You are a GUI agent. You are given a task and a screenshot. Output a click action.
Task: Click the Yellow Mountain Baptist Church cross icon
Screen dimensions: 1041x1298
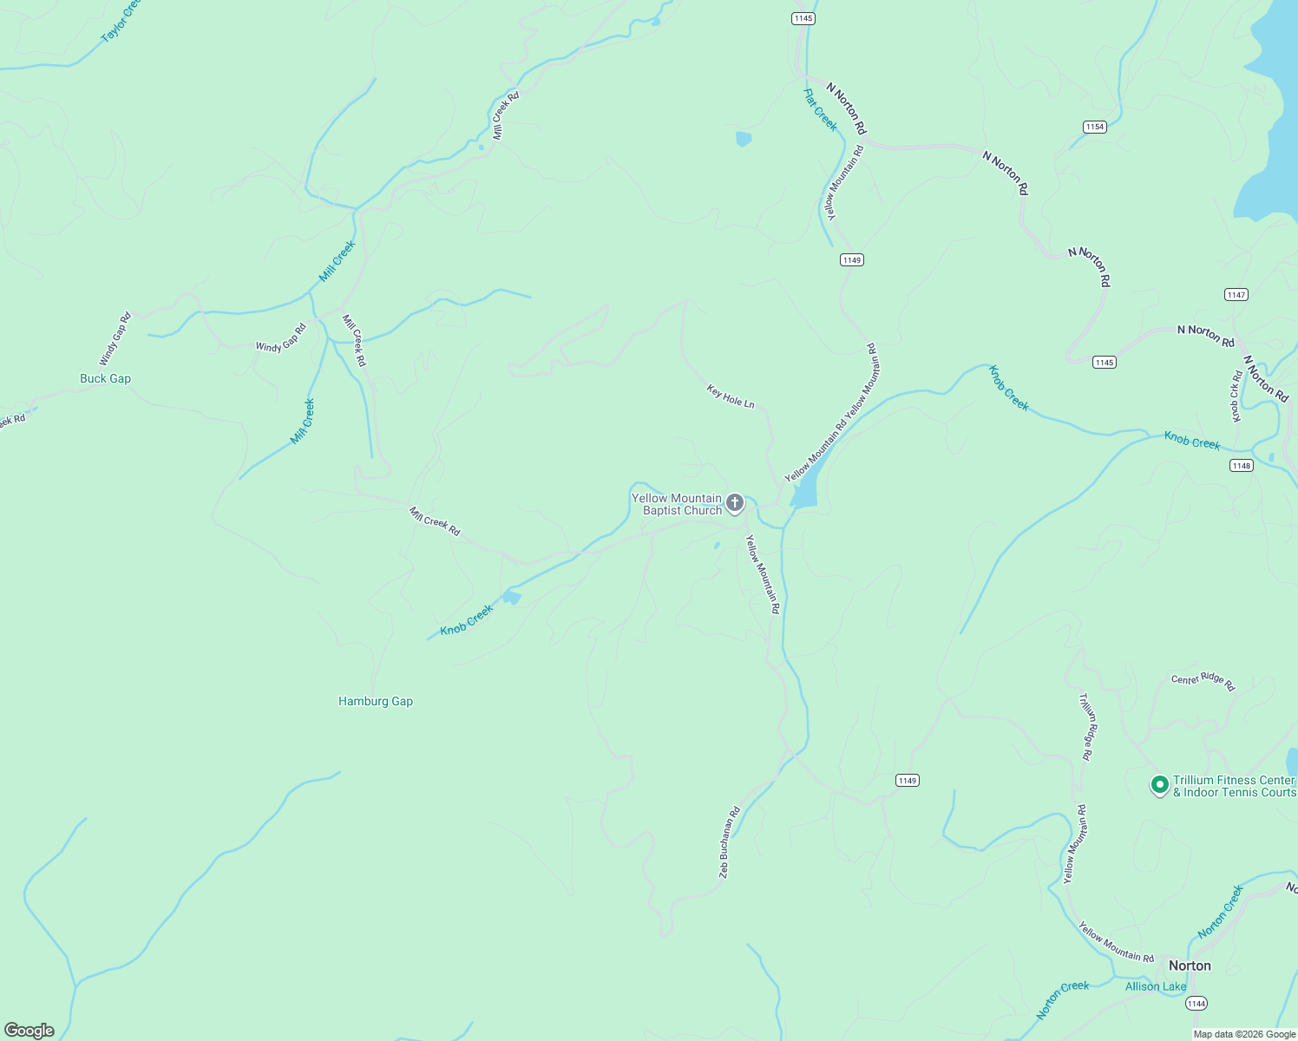pos(735,503)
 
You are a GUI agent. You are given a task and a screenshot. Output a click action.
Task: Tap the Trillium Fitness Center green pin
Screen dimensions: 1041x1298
pos(1158,785)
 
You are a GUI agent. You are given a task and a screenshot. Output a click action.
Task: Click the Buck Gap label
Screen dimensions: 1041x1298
pos(105,378)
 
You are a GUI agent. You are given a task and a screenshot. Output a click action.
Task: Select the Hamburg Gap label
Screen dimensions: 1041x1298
pos(376,701)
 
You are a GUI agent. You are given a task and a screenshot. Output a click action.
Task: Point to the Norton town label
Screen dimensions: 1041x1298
pos(1190,966)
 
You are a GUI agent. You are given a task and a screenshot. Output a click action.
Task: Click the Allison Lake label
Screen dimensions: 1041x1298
pos(1155,986)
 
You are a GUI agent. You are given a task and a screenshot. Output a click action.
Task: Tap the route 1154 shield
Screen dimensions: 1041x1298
pos(1095,127)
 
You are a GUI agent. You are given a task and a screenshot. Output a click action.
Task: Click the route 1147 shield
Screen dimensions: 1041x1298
pos(1236,295)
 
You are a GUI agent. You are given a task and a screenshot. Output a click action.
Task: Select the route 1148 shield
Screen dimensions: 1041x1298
pos(1242,466)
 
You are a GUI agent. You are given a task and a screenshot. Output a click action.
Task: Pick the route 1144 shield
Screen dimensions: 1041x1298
pos(1196,1004)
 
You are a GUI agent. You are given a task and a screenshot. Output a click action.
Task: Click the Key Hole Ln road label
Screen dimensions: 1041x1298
pos(731,397)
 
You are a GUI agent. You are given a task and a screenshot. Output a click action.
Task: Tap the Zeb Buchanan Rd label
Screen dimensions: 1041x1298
pos(729,842)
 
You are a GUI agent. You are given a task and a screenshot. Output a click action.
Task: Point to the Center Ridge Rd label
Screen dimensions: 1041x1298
pos(1203,681)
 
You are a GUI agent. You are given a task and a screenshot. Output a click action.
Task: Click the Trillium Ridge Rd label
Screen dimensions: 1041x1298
pos(1085,726)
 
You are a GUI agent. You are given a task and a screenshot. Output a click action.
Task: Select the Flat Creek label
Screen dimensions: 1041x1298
pos(820,110)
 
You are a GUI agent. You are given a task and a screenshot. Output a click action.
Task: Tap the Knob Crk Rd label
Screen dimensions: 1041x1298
pos(1236,396)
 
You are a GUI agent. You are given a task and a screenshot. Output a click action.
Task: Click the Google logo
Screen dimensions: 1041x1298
pos(29,1031)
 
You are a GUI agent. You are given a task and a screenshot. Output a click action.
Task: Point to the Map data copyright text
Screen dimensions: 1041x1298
pos(1244,1034)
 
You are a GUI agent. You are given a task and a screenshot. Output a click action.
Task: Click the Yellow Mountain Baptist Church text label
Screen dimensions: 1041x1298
pos(677,504)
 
